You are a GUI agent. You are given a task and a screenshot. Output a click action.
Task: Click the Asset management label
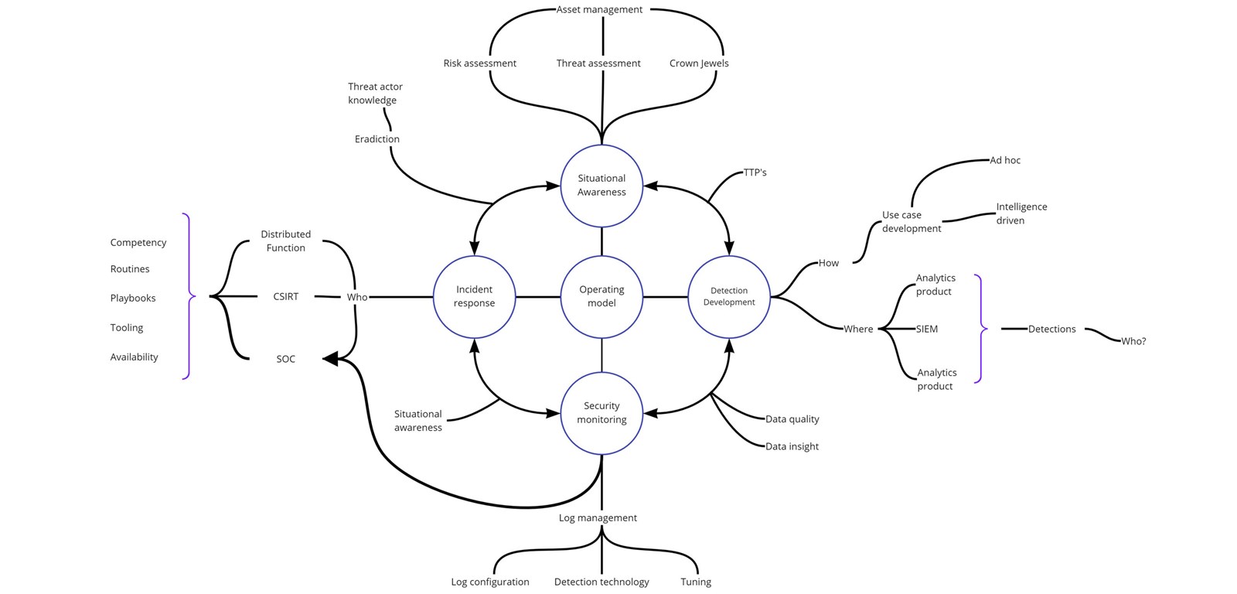pyautogui.click(x=599, y=9)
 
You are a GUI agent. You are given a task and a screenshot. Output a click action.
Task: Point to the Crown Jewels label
pyautogui.click(x=699, y=63)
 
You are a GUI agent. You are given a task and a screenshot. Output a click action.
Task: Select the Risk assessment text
pyautogui.click(x=479, y=63)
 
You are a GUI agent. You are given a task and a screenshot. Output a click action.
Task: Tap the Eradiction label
pyautogui.click(x=377, y=138)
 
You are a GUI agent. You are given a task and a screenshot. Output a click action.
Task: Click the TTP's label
pyautogui.click(x=755, y=172)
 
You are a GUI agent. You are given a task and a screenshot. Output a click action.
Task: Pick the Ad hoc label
pyautogui.click(x=1005, y=160)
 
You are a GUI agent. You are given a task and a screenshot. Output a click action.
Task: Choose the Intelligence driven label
pyautogui.click(x=1021, y=213)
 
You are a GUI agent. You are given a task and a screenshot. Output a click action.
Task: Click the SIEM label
pyautogui.click(x=927, y=329)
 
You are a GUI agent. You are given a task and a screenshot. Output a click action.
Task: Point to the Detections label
pyautogui.click(x=1051, y=329)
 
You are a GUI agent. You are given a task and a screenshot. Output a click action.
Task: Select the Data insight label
pyautogui.click(x=792, y=446)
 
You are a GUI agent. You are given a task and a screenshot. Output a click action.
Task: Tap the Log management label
pyautogui.click(x=598, y=517)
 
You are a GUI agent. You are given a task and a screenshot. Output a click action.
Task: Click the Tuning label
pyautogui.click(x=696, y=582)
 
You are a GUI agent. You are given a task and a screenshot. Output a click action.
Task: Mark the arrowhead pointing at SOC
pyautogui.click(x=329, y=359)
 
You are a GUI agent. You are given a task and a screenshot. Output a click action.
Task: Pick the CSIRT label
pyautogui.click(x=285, y=296)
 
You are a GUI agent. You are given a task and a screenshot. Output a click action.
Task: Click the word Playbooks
pyautogui.click(x=132, y=298)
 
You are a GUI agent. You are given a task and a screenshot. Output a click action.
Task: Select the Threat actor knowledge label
pyautogui.click(x=375, y=93)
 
